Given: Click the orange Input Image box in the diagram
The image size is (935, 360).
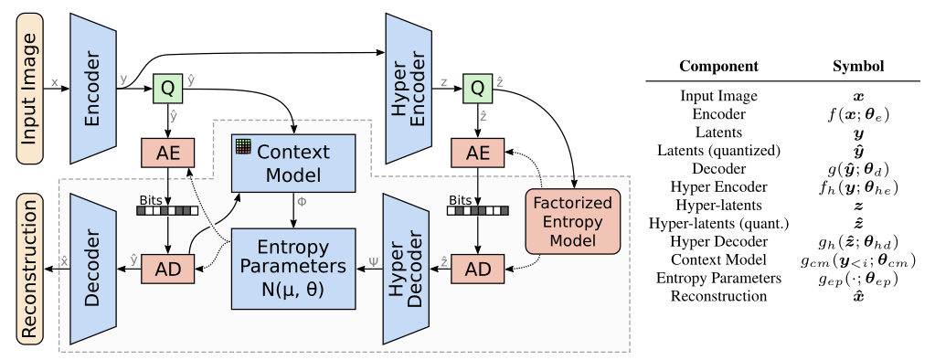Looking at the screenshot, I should point(27,83).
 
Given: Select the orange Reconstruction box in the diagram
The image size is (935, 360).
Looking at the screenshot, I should point(27,266).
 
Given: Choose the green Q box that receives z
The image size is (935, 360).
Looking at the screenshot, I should point(475,89).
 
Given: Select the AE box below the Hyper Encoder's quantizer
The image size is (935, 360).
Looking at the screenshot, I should point(475,154).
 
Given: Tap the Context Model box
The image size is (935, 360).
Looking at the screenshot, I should point(293,163).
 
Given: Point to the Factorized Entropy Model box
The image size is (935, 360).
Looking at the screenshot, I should point(574,220).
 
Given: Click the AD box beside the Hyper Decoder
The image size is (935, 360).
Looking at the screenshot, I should point(475,271).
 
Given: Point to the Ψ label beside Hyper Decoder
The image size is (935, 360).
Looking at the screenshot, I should point(371,259).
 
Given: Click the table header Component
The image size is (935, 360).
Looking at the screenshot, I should point(717,67).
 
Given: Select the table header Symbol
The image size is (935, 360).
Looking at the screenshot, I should point(856,67).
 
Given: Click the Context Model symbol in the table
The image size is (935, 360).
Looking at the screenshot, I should point(856,261).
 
